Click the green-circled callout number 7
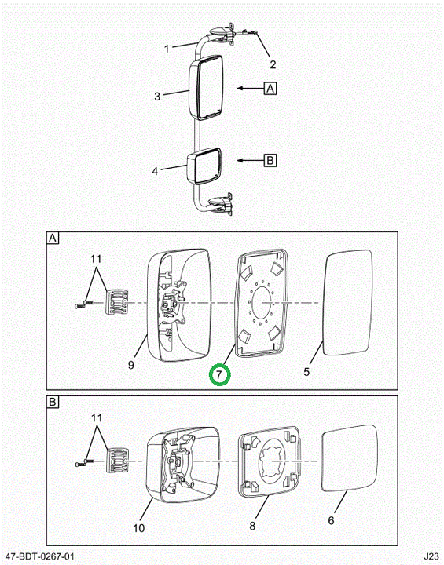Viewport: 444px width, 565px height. tap(219, 374)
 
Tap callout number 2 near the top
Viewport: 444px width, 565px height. tap(273, 64)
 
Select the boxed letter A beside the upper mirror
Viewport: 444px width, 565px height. tap(270, 88)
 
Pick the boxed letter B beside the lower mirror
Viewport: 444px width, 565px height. tap(270, 160)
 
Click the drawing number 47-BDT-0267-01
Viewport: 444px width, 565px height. tap(40, 556)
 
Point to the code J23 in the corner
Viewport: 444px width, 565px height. tap(431, 556)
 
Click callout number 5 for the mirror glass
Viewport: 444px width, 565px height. tap(306, 371)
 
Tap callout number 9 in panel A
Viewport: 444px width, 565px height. tap(131, 365)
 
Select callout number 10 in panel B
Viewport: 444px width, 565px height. tap(138, 528)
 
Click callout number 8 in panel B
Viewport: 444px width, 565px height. tap(252, 526)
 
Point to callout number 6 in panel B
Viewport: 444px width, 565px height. tap(331, 520)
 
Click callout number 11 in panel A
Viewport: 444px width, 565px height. tap(96, 259)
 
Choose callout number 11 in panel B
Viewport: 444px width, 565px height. tap(97, 418)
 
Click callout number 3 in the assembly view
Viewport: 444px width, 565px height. tap(157, 97)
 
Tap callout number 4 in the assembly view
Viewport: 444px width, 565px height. tap(155, 171)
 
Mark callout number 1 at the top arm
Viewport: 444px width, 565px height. tap(167, 49)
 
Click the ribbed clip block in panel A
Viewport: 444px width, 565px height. tap(116, 302)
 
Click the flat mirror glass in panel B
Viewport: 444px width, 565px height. tap(349, 457)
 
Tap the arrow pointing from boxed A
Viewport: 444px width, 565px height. tap(250, 88)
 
